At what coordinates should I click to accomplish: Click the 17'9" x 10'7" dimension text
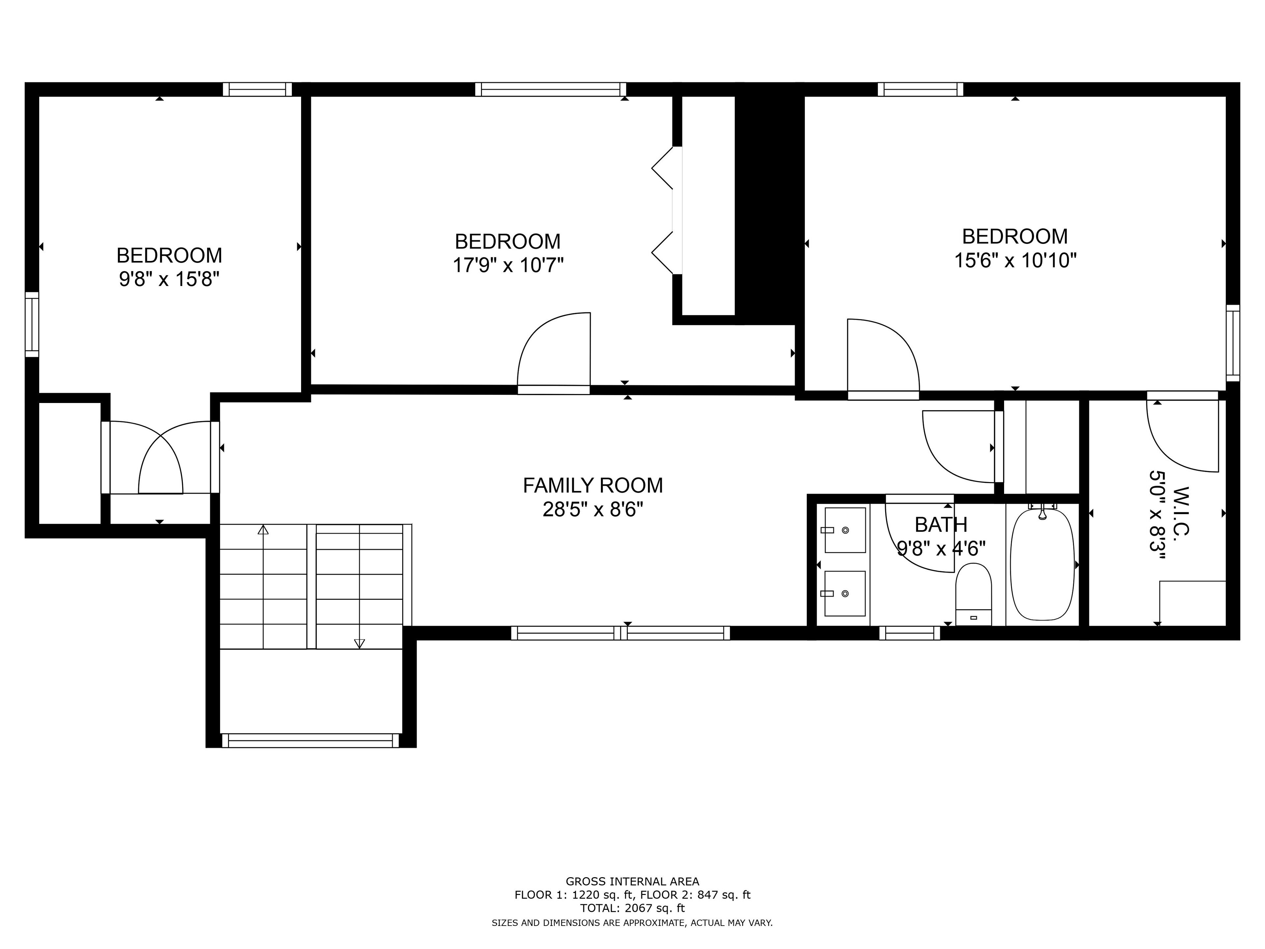[x=508, y=265]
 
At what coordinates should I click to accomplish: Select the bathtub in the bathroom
[x=1043, y=563]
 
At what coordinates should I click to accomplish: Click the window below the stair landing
[x=311, y=741]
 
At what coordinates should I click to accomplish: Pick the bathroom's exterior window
[x=909, y=633]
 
